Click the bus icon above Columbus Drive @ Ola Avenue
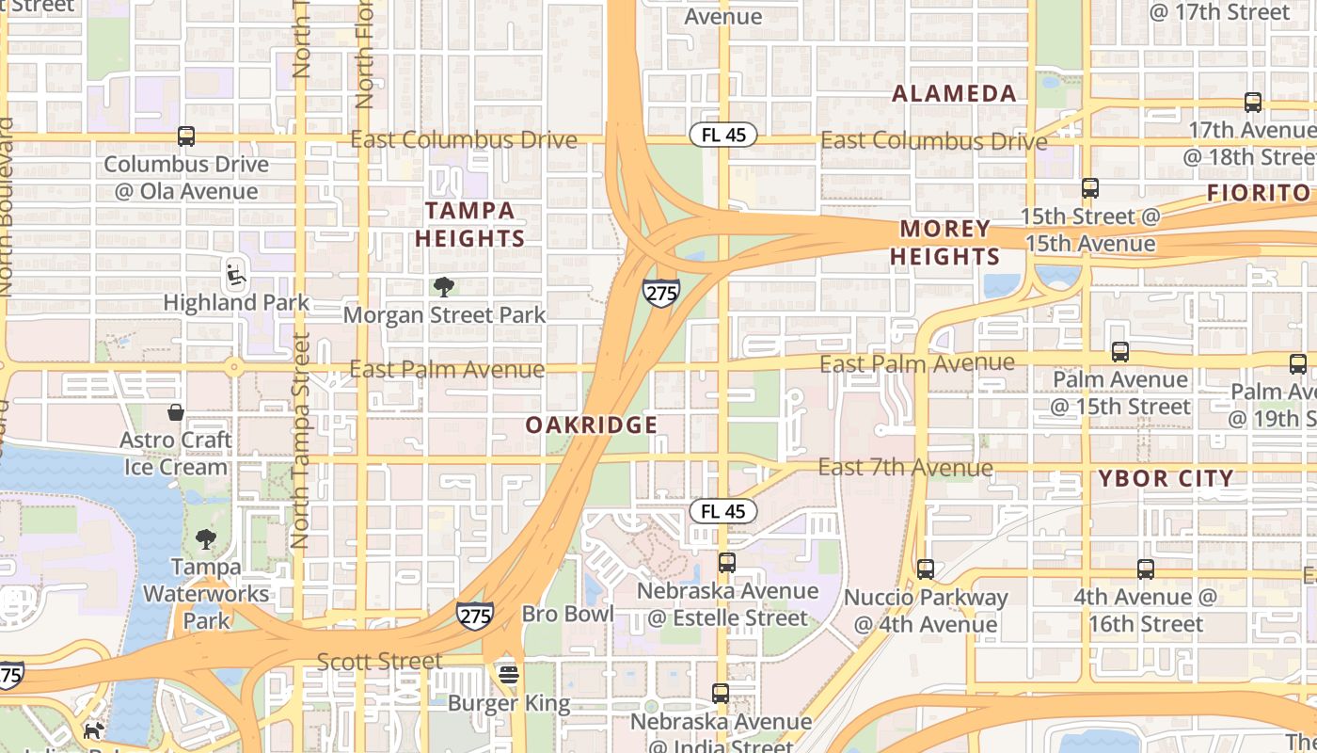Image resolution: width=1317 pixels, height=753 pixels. [x=186, y=136]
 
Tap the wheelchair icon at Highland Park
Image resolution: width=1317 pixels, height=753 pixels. [x=236, y=275]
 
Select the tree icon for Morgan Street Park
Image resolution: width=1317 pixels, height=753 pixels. [x=444, y=287]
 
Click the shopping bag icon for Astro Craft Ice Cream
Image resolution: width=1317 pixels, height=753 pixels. [x=176, y=412]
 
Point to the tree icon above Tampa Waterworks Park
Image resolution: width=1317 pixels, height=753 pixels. [x=206, y=539]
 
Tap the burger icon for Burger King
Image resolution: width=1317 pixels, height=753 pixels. [x=509, y=675]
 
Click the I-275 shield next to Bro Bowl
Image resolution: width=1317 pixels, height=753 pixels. [x=475, y=616]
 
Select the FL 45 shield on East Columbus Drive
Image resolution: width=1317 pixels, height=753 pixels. [x=723, y=135]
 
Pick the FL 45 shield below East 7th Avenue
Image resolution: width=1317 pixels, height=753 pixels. [x=723, y=511]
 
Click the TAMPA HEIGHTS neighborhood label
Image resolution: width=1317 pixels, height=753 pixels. [x=469, y=224]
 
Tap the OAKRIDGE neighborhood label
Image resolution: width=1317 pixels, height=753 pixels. [x=592, y=425]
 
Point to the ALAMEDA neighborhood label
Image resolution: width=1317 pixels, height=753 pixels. [x=954, y=93]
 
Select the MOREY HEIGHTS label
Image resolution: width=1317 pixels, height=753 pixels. [x=945, y=243]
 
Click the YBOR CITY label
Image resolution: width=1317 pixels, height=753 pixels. [x=1166, y=478]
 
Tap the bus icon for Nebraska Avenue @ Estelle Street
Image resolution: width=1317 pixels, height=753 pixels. [x=727, y=563]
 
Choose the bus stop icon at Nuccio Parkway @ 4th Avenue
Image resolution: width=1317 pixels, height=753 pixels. [x=926, y=569]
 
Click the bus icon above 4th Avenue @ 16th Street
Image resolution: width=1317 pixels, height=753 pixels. [x=1145, y=569]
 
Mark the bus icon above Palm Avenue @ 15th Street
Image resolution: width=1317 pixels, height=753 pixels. [x=1120, y=352]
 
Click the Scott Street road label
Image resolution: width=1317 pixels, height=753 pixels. [x=380, y=662]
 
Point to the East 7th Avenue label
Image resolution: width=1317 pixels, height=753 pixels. [x=905, y=467]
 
